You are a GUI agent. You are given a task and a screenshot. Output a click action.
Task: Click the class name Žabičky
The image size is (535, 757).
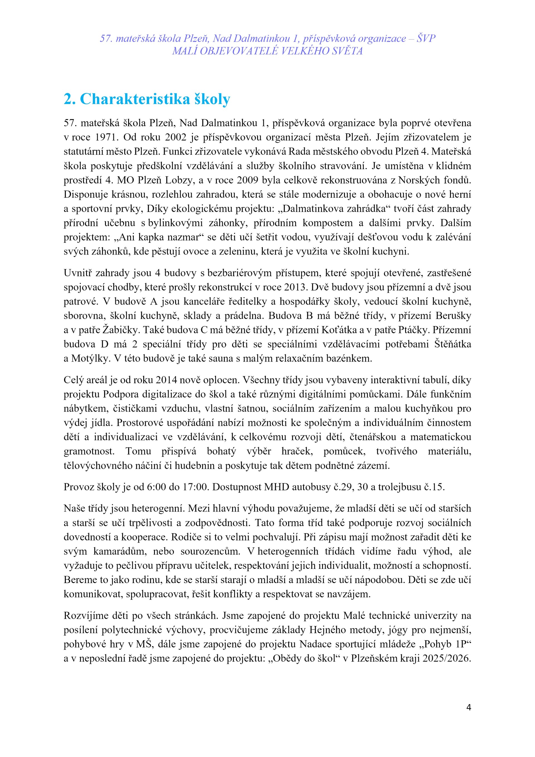pos(121,330)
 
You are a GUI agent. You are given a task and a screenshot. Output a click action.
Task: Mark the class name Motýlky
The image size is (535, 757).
pos(90,358)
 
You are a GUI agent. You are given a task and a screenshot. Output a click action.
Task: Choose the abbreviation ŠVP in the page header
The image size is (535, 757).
pos(425,38)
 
